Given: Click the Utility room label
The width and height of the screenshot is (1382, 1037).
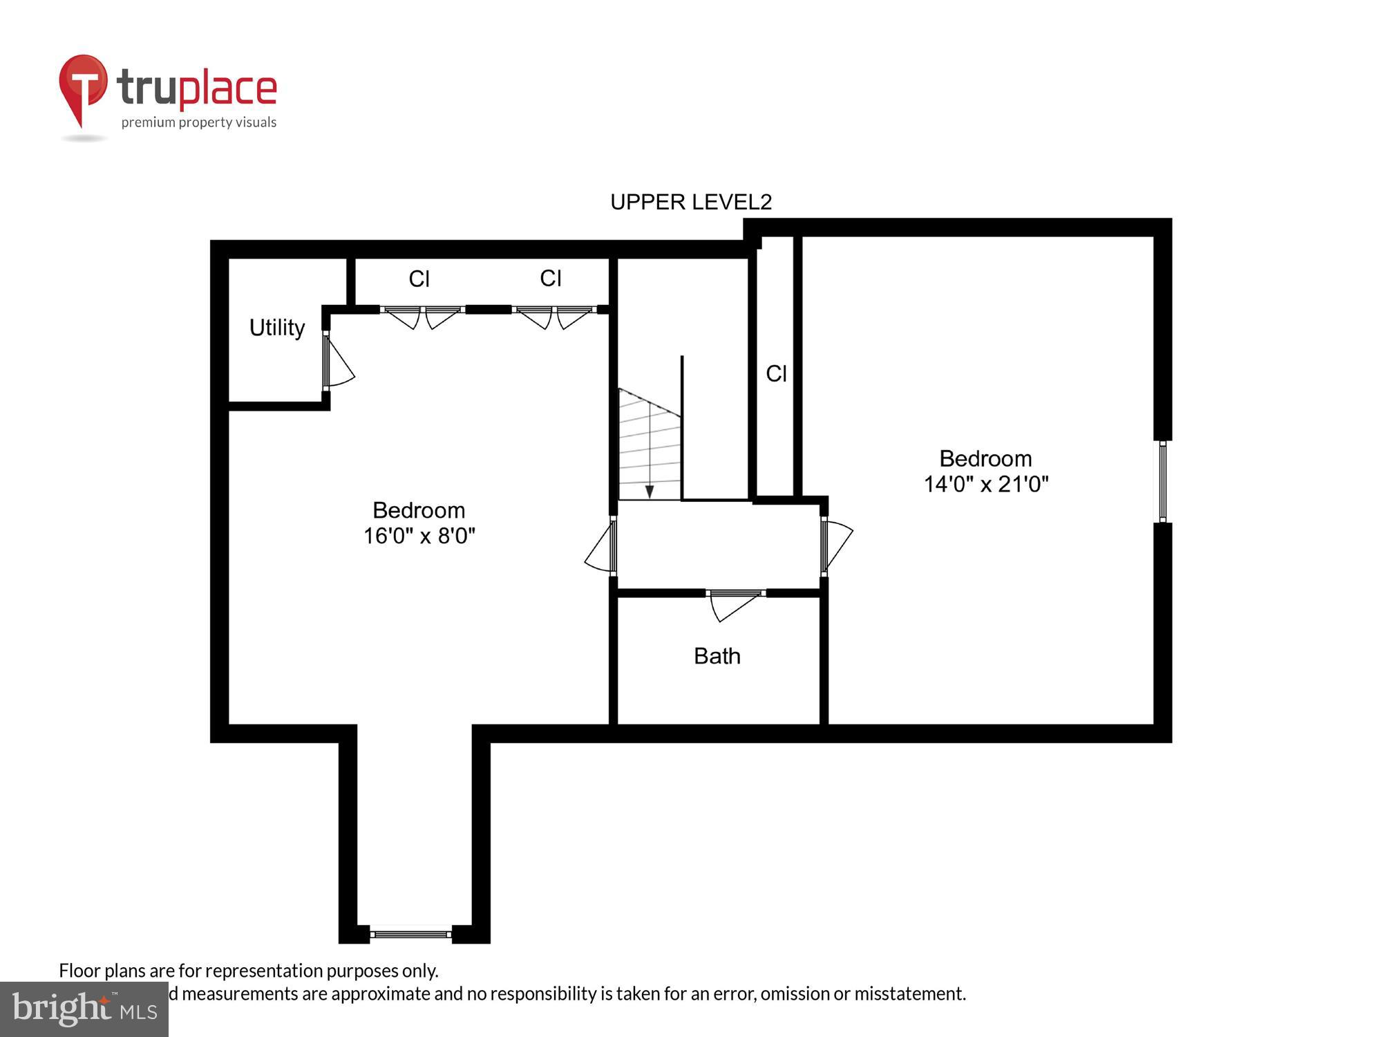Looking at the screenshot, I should tap(276, 328).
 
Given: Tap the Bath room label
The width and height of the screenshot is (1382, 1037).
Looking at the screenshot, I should tap(717, 656).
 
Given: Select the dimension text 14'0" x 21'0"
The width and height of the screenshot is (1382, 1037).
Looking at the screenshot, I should tap(986, 484).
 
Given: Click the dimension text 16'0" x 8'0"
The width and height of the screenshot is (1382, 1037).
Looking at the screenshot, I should tap(419, 536).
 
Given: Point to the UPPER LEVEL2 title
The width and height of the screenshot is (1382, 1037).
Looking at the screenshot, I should tap(690, 202).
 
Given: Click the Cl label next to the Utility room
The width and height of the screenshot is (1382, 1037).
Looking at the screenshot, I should tap(419, 279).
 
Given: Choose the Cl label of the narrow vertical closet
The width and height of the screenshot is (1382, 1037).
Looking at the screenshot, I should tap(776, 374).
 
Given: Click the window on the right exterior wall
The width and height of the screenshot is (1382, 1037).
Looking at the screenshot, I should tap(1163, 481).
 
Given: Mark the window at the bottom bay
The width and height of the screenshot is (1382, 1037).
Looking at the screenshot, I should tap(411, 934).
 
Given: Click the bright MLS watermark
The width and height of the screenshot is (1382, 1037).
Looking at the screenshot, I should tap(84, 1009).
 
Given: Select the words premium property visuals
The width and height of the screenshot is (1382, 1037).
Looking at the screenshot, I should tap(199, 123).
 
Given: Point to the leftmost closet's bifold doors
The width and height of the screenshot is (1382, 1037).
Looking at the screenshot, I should tap(421, 316).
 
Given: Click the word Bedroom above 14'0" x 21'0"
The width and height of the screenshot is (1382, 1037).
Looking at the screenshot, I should tap(985, 459).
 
